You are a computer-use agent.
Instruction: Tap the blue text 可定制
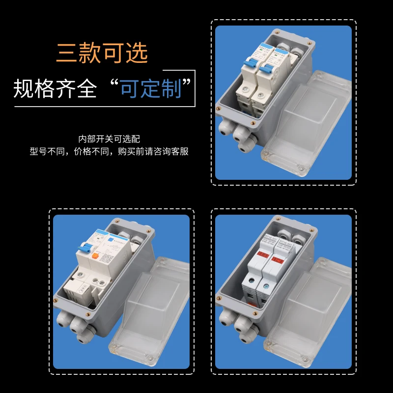(x=150, y=88)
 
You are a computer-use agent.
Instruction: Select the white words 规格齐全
(x=55, y=88)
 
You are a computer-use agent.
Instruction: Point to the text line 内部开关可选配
(x=109, y=139)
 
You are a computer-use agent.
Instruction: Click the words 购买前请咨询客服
(x=153, y=152)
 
